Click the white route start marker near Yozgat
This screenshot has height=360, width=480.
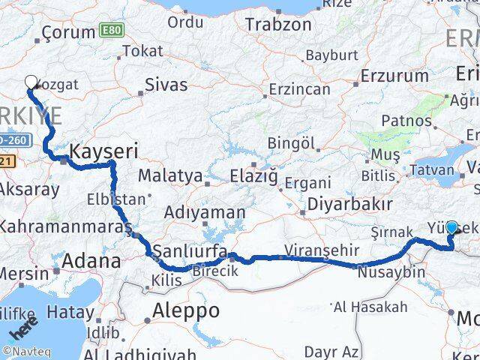tap(31, 82)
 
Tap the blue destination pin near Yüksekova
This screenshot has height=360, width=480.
tap(452, 227)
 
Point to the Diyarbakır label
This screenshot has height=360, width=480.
tap(349, 204)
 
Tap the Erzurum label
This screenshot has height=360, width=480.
tap(394, 75)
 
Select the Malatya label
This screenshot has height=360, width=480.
tap(177, 177)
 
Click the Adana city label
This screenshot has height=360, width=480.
tap(91, 262)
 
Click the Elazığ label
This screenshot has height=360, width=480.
tap(252, 177)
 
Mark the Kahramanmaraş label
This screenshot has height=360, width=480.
tap(66, 226)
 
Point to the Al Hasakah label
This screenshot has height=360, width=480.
tap(370, 306)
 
